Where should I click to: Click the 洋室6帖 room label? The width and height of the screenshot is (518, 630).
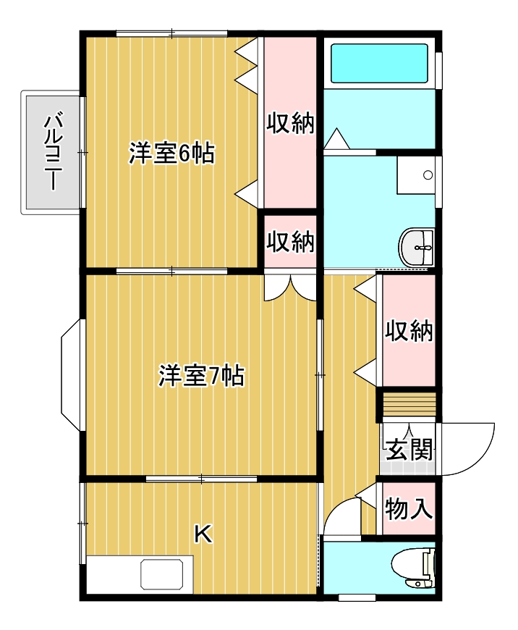[x=171, y=154]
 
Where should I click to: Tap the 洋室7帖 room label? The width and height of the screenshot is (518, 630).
[x=201, y=377]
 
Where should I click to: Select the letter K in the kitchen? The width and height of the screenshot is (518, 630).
[x=203, y=534]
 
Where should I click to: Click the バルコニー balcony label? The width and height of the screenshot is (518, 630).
[x=51, y=151]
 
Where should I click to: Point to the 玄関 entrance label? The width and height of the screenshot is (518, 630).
[x=409, y=450]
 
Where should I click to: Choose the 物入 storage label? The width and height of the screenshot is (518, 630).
[x=409, y=509]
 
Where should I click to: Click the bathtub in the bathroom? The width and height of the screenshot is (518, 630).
[x=379, y=64]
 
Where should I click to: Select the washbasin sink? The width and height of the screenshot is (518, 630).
[x=418, y=248]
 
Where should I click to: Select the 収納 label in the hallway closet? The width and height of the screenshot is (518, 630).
[x=409, y=331]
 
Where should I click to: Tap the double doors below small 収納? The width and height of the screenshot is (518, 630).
[x=290, y=288]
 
